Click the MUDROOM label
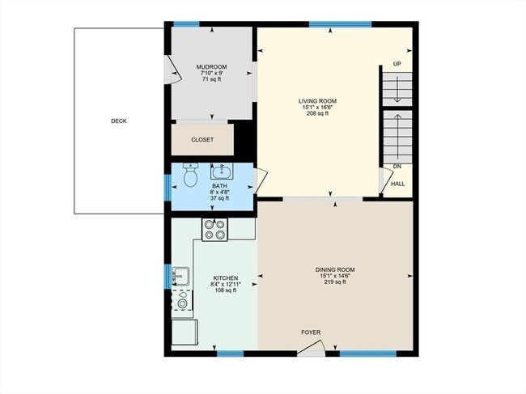tap(211, 66)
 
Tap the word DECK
tap(119, 121)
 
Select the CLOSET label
tap(202, 140)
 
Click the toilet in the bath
tap(191, 175)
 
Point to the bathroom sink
tap(221, 172)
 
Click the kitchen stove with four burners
tap(214, 230)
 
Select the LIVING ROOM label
tap(317, 101)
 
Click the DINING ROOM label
tap(335, 269)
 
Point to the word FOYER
tap(311, 332)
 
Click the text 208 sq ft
tap(317, 114)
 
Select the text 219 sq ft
tap(335, 282)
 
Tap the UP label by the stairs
tap(397, 64)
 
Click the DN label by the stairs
tap(397, 167)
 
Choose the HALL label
tap(398, 184)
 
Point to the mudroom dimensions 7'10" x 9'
tap(211, 73)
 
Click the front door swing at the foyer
tap(312, 349)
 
